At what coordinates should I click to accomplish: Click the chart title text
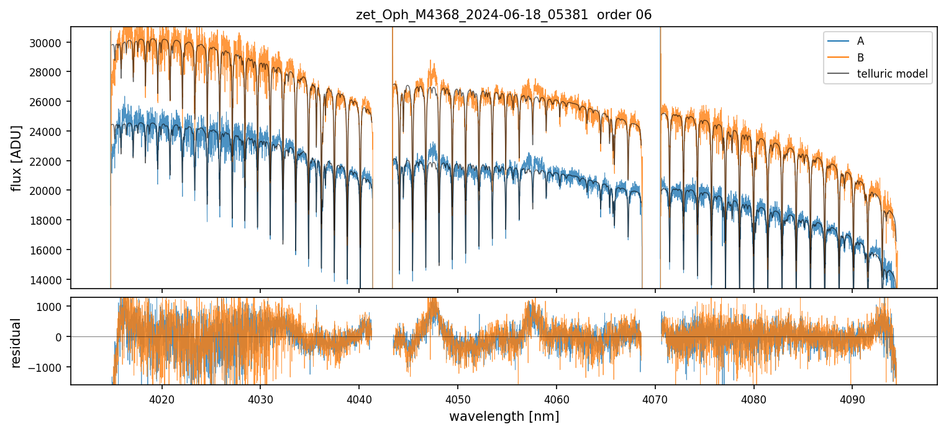504,15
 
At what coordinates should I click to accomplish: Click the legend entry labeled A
860,42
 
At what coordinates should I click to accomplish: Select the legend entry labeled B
860,58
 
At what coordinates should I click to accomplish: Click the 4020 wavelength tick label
161,397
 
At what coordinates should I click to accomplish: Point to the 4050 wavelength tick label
457,397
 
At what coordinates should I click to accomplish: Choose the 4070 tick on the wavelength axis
655,397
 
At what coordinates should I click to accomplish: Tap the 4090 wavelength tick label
852,397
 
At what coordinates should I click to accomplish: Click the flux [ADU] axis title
16,158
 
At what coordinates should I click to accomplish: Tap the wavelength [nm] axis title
504,416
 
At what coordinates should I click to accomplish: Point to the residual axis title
16,343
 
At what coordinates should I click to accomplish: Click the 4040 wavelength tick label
358,397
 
